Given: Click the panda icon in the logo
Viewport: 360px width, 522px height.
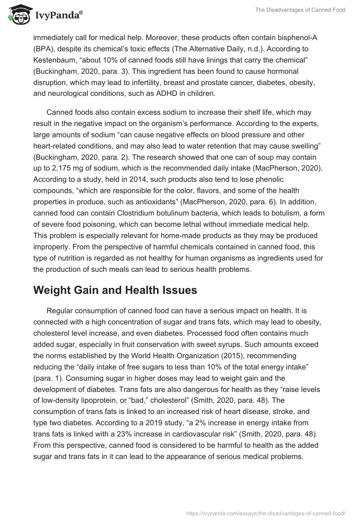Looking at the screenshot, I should pos(18,14).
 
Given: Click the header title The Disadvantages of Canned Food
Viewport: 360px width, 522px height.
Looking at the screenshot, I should pos(301,10).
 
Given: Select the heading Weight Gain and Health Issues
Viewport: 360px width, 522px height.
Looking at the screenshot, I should pos(115,290).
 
